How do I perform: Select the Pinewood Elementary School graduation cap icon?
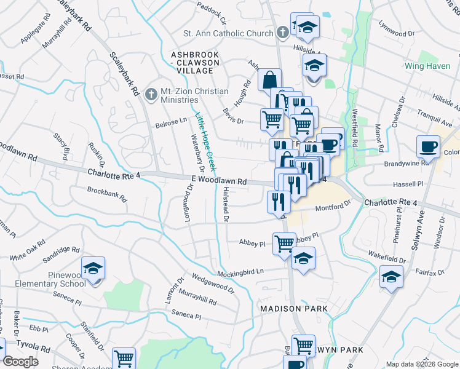click(93, 269)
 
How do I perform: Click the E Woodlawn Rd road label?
click(218, 182)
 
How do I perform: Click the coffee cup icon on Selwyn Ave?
click(427, 147)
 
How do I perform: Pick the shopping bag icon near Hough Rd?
click(269, 79)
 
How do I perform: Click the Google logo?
click(20, 362)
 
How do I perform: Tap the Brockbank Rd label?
click(106, 195)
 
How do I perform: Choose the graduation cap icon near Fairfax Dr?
click(391, 277)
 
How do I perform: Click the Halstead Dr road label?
click(226, 206)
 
